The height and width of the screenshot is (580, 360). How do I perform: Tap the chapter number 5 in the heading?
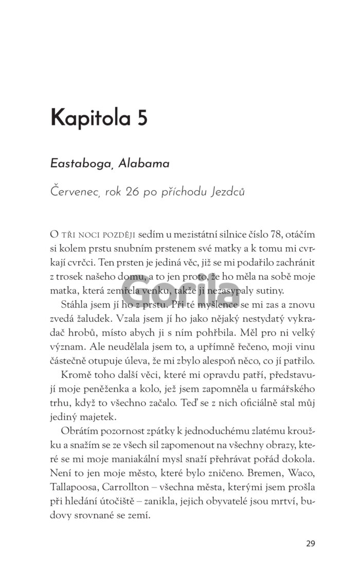click(x=141, y=118)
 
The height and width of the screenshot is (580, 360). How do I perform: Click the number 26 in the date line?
click(x=135, y=192)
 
